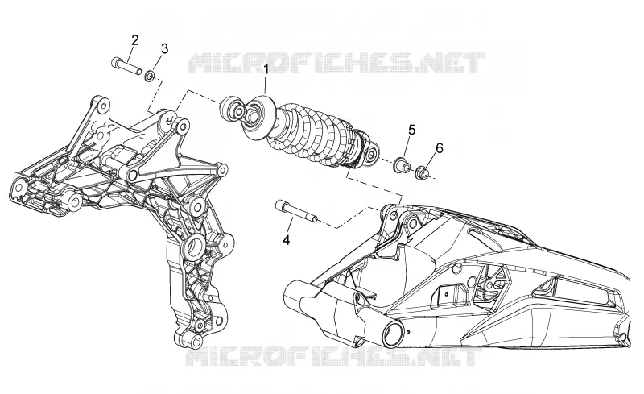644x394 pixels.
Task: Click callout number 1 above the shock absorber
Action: [266, 69]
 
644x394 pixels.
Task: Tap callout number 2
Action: [134, 40]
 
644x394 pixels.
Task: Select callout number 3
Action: [164, 48]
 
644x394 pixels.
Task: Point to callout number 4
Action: [287, 240]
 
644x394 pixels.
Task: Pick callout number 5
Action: [411, 130]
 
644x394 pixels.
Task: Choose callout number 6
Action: [440, 148]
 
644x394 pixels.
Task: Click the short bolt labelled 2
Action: [126, 64]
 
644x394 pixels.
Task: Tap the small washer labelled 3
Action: [150, 76]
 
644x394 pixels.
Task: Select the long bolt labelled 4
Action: [295, 210]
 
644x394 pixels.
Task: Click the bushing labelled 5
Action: [401, 164]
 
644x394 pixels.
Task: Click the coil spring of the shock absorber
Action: [312, 131]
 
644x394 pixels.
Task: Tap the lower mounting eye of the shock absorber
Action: [370, 154]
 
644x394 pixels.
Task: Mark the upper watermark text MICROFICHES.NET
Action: [336, 63]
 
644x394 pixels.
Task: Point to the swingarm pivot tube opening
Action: [394, 332]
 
